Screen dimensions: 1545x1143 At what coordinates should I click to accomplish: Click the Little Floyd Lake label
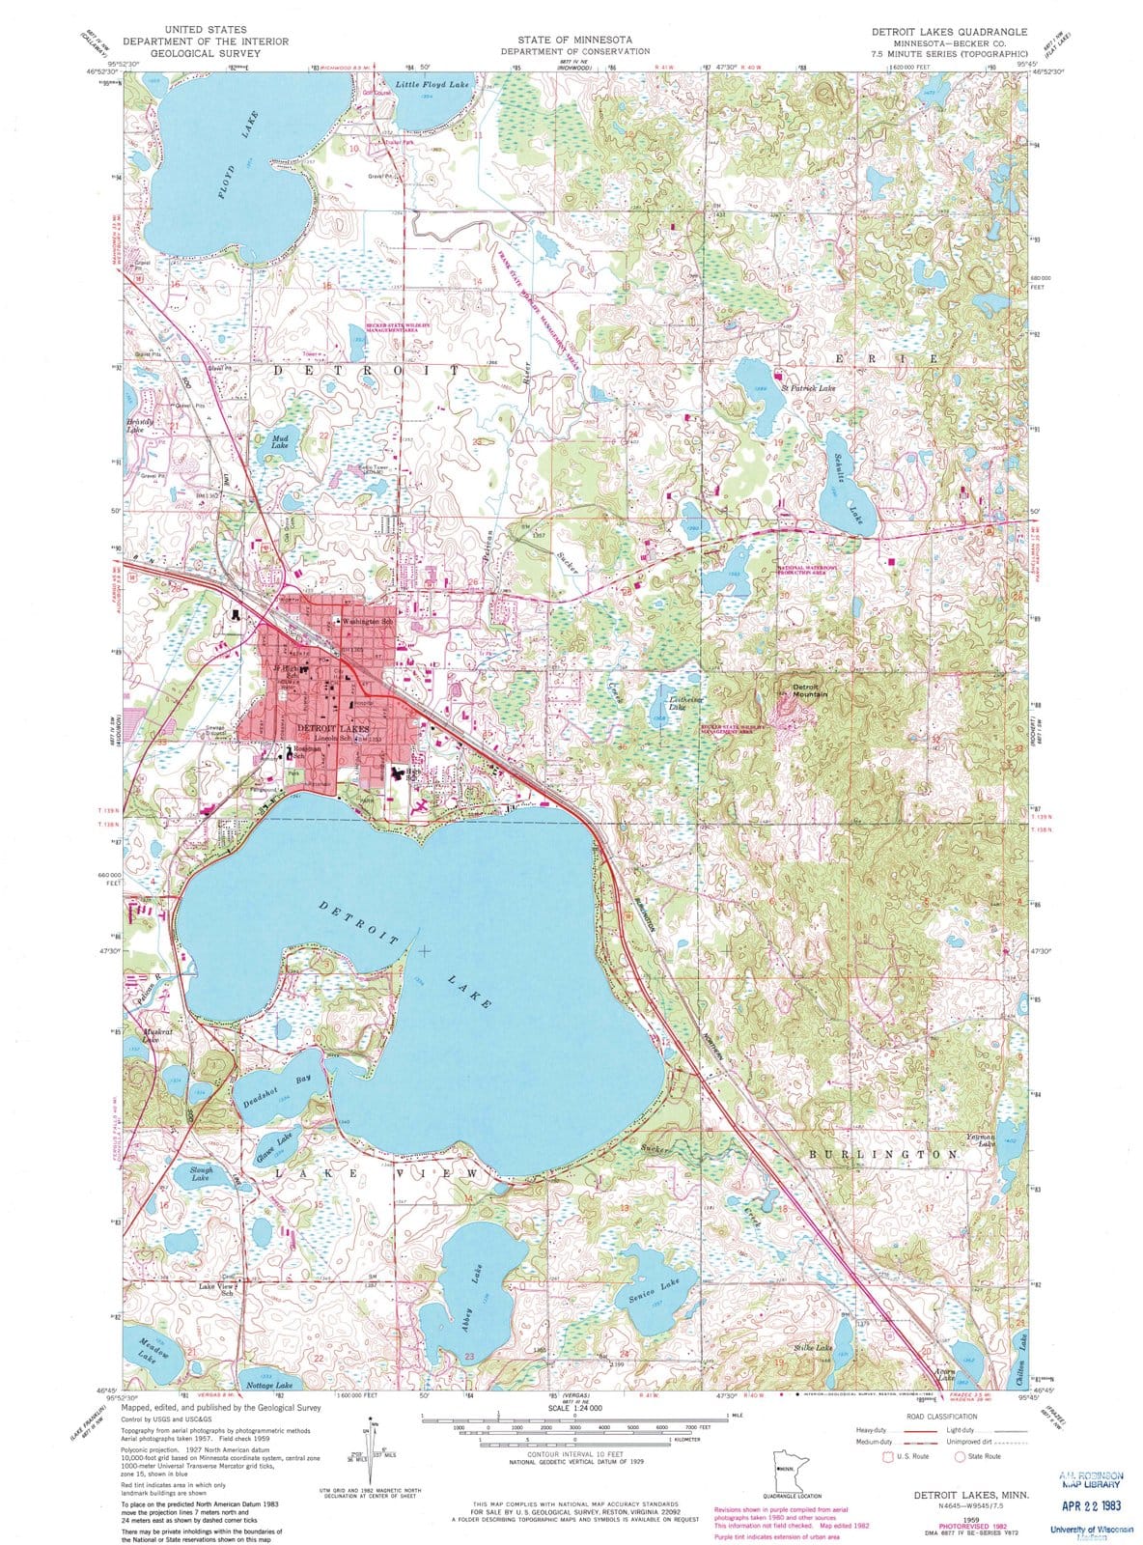(x=432, y=85)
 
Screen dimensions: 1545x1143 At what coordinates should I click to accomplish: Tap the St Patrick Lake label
(x=807, y=387)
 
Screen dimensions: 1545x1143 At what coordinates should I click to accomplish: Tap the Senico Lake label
(x=657, y=1291)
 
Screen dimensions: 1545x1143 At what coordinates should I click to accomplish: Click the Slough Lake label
(x=201, y=1173)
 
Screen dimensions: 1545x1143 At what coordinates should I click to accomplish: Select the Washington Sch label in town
(x=367, y=622)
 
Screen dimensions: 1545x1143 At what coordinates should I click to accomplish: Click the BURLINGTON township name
(x=883, y=1154)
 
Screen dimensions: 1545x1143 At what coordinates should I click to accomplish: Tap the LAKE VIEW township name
(x=376, y=1172)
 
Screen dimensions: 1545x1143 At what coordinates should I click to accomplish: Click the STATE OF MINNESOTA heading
(x=574, y=40)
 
